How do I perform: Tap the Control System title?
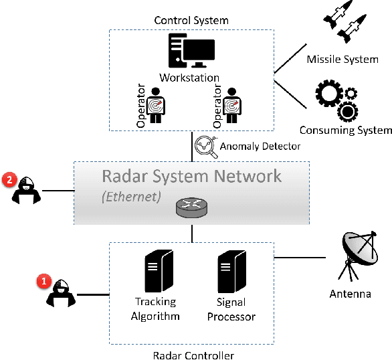(x=191, y=21)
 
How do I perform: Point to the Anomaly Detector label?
(x=260, y=145)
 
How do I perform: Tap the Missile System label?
(x=342, y=60)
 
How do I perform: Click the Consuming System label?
(x=345, y=130)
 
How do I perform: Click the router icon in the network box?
(x=191, y=208)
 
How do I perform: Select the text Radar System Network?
(x=191, y=177)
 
